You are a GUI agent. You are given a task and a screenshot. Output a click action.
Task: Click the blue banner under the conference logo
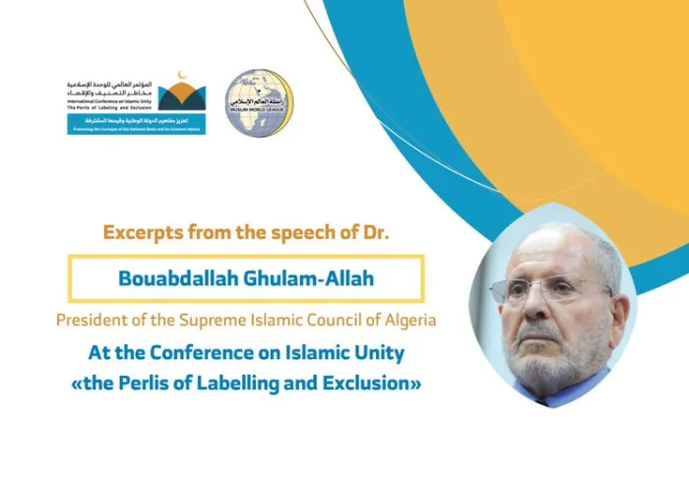(137, 126)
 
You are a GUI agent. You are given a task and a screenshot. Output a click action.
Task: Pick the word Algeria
(404, 321)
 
